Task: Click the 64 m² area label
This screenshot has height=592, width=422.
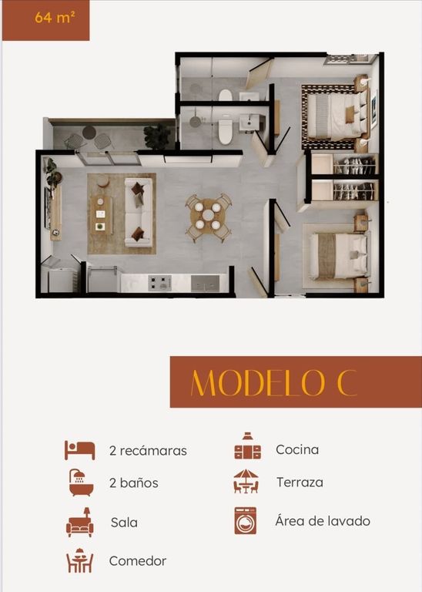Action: click(55, 18)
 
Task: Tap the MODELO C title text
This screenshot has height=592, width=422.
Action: click(273, 382)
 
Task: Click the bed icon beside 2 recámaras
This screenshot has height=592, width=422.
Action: click(79, 450)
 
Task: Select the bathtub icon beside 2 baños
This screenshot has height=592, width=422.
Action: click(81, 483)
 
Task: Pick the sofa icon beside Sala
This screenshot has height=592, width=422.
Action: click(80, 522)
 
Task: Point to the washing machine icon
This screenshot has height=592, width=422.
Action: click(245, 520)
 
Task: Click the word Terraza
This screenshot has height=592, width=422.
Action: click(300, 482)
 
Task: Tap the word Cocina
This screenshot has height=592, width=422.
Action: click(297, 449)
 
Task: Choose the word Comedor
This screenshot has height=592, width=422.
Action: click(138, 560)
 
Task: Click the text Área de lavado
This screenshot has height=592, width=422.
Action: click(323, 520)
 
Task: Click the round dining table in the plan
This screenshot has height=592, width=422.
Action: click(208, 216)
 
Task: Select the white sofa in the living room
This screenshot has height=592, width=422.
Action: click(139, 213)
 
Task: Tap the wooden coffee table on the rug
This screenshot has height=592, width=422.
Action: click(101, 214)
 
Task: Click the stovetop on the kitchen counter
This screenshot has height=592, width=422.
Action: click(159, 283)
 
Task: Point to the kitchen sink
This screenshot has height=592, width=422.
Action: click(205, 284)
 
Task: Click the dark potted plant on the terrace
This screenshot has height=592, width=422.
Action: click(157, 136)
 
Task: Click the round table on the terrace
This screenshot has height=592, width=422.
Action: click(89, 132)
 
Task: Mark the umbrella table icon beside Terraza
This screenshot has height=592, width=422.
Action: click(246, 481)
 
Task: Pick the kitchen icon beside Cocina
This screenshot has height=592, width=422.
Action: click(247, 446)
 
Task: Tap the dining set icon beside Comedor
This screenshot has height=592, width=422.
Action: click(79, 560)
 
